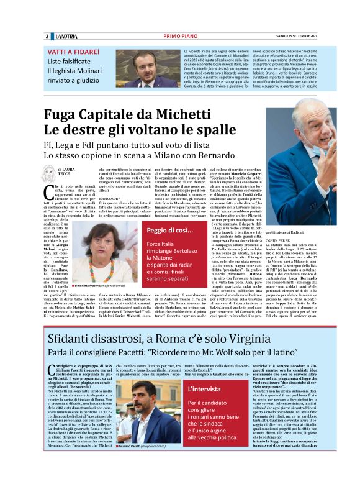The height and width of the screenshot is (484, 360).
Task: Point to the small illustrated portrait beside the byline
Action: pos(48,173)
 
